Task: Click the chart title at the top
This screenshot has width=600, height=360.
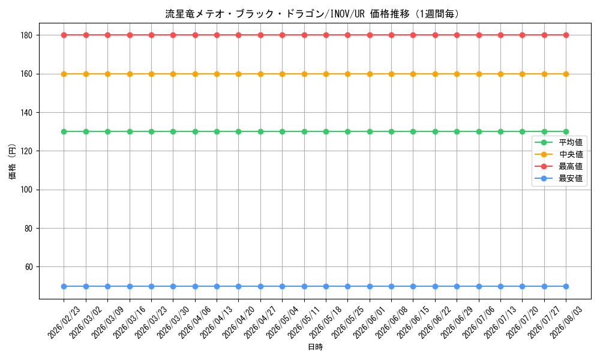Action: (312, 14)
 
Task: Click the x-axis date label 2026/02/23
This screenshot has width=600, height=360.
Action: (64, 322)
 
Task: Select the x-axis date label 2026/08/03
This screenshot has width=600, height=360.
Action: (566, 322)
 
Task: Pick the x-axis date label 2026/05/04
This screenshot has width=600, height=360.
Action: (282, 322)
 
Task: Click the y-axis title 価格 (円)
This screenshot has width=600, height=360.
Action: (13, 161)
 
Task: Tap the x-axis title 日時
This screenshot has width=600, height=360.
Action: (316, 347)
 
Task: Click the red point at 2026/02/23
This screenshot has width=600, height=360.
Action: (64, 35)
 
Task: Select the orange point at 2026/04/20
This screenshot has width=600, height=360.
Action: (238, 74)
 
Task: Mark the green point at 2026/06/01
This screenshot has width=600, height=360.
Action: (370, 131)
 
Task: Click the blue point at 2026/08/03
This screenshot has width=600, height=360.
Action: (566, 287)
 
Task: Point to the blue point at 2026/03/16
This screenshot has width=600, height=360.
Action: (130, 287)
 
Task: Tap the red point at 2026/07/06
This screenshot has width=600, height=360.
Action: (479, 35)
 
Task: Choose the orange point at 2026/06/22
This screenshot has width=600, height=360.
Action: (435, 74)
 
